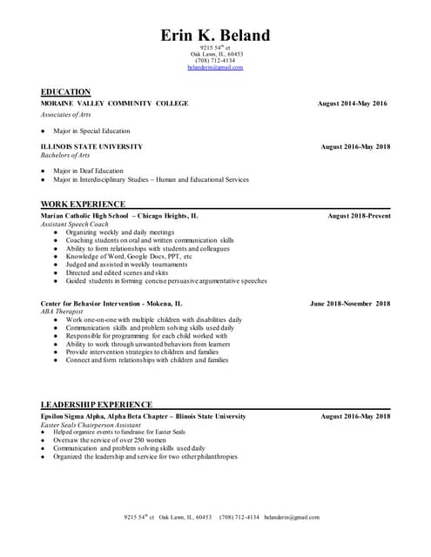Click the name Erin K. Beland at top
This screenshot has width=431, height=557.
click(x=215, y=36)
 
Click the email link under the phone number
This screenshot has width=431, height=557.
click(x=215, y=67)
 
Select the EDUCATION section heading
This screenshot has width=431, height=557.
click(x=65, y=91)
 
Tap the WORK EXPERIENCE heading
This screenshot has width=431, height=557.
click(x=83, y=204)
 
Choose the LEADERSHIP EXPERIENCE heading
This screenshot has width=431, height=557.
click(x=97, y=405)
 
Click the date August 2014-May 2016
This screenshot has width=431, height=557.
click(x=353, y=104)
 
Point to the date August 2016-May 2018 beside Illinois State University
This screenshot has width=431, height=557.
click(x=355, y=147)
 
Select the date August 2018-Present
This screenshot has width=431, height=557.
click(x=359, y=216)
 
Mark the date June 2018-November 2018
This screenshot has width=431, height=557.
click(x=350, y=304)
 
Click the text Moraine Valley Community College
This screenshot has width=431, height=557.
click(x=114, y=104)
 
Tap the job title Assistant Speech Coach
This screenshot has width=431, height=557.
click(x=76, y=225)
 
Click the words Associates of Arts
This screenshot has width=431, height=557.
click(x=66, y=115)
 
